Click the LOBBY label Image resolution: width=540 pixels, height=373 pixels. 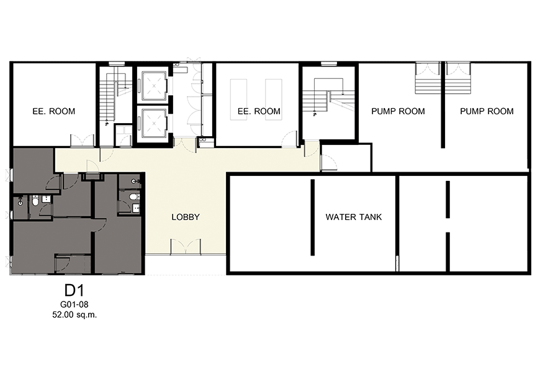point(186,217)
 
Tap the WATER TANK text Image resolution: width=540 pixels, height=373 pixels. point(354,217)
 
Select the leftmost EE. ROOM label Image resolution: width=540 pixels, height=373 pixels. point(54,111)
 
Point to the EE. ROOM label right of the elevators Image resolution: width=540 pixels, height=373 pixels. point(259,111)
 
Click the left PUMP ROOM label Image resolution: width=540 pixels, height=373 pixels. point(398,111)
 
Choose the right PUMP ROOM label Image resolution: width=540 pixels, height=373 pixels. point(487,111)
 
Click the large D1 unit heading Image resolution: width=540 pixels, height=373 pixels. point(74,290)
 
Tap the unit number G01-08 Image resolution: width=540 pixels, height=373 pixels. point(74,305)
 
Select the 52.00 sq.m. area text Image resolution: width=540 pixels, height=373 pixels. point(74,315)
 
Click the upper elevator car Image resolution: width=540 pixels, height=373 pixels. point(152,85)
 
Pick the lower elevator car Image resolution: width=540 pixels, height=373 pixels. point(152,122)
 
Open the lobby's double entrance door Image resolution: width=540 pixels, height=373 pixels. point(186,246)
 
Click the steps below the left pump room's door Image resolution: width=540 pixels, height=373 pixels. point(428,84)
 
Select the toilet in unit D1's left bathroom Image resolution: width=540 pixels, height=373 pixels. point(35,201)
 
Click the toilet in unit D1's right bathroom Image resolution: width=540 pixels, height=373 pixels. point(133,197)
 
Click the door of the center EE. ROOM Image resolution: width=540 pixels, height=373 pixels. point(290,139)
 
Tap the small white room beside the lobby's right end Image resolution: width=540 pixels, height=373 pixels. point(346,157)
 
